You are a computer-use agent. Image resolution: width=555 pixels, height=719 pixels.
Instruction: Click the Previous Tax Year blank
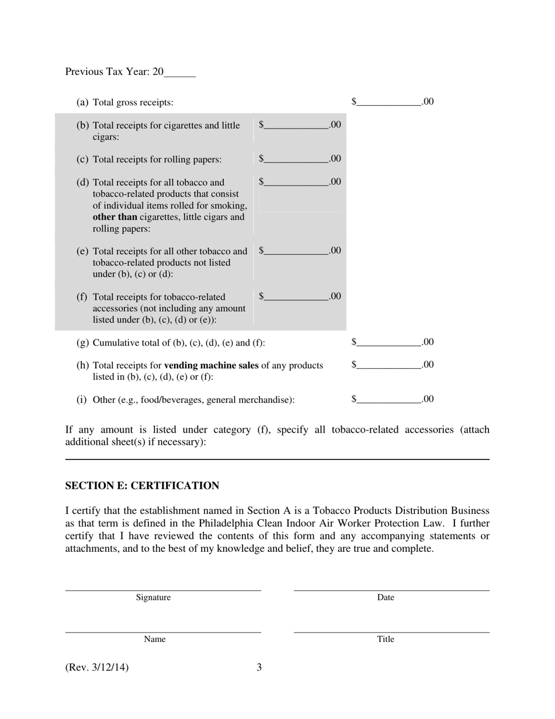180,72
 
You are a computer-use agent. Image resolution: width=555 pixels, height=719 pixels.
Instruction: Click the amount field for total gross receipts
388,102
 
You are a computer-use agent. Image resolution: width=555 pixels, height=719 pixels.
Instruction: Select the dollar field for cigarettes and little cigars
296,125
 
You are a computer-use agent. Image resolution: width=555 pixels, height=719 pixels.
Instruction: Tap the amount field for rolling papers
296,159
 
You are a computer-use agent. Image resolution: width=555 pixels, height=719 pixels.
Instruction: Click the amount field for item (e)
296,251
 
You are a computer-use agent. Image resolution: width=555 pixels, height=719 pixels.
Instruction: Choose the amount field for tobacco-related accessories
296,296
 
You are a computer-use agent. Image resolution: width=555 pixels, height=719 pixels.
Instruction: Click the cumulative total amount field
388,342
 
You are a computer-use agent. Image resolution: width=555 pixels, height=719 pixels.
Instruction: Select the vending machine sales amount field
388,365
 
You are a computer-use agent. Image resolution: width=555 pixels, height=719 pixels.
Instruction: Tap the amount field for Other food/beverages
388,399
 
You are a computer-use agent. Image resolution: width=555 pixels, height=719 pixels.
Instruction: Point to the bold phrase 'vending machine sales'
211,365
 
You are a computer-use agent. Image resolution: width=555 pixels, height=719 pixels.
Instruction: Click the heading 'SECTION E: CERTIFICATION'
142,486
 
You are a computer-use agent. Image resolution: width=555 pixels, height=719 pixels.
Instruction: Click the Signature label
153,597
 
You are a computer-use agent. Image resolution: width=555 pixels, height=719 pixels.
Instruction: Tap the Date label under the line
386,597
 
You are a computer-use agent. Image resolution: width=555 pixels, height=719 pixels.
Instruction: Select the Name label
155,639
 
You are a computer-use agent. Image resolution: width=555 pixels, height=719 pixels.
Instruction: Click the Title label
386,639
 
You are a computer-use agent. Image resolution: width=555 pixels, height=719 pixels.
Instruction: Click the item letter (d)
83,182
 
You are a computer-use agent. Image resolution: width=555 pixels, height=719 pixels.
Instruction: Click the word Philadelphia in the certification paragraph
226,523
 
